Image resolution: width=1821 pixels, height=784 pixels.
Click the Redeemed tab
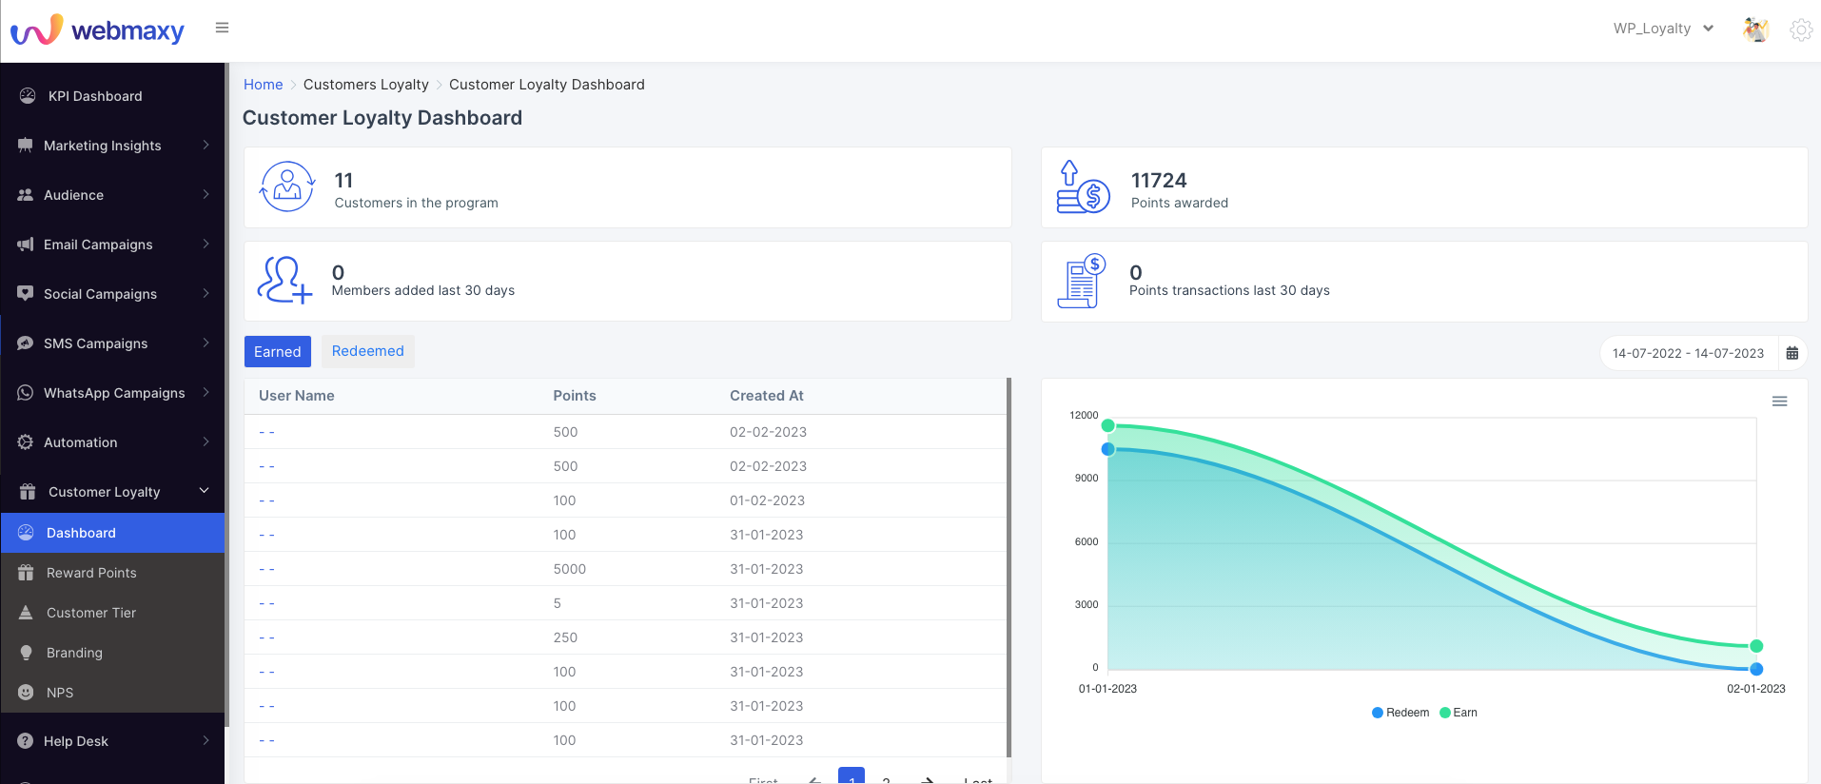[x=367, y=351]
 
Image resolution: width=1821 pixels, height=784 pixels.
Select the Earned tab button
[x=277, y=352]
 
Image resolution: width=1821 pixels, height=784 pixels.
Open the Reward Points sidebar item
[x=91, y=573]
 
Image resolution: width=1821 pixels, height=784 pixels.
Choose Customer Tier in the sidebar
[x=91, y=613]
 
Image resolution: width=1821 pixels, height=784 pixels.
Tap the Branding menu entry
[x=74, y=653]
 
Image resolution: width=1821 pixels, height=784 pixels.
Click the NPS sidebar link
[x=60, y=693]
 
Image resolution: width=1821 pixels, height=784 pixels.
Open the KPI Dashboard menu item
[x=95, y=96]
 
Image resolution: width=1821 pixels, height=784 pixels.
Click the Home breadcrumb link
[x=264, y=85]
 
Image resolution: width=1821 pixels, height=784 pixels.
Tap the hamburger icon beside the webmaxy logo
[x=222, y=28]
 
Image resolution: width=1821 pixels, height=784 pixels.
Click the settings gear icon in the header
[x=1800, y=29]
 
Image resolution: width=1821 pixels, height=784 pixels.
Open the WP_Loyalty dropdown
[x=1663, y=29]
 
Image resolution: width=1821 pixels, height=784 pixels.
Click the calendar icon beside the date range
[x=1792, y=353]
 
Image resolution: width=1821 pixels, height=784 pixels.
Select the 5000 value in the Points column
[x=570, y=569]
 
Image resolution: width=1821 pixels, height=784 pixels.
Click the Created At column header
[x=767, y=396]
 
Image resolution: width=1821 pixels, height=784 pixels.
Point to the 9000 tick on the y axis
[x=1087, y=479]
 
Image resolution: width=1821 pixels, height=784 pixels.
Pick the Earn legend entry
[x=1459, y=713]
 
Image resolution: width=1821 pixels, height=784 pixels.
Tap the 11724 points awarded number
[x=1159, y=181]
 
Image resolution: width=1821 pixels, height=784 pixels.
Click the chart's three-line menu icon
[x=1779, y=402]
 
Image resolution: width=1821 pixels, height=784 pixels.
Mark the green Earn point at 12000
[x=1107, y=425]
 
